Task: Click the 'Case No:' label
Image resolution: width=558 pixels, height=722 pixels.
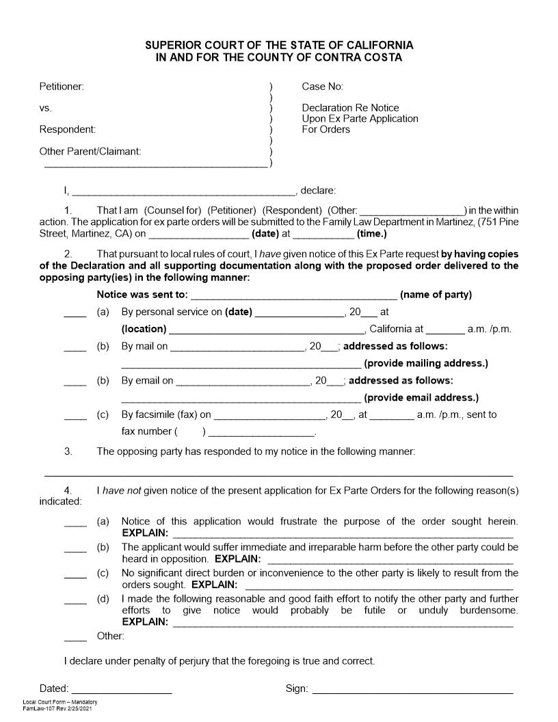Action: pos(322,86)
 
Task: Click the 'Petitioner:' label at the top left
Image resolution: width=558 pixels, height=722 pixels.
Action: pos(62,86)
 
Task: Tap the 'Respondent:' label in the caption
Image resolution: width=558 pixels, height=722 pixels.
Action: pos(67,129)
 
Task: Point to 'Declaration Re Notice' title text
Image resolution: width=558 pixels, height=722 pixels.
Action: pos(350,108)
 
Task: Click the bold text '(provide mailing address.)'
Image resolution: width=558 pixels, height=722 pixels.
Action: pos(426,363)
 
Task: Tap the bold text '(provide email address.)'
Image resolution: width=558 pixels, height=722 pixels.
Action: pos(421,397)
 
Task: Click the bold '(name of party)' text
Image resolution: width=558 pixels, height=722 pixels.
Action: pos(436,295)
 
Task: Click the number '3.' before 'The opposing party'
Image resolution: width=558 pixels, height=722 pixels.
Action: pos(68,451)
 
